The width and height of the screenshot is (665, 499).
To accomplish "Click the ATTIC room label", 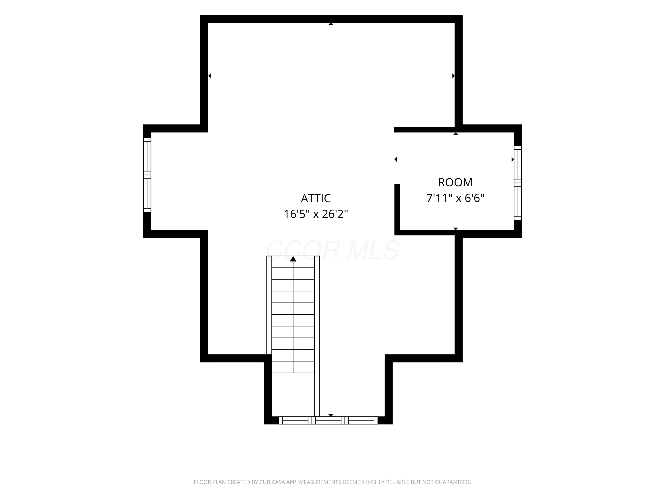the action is pos(316,198).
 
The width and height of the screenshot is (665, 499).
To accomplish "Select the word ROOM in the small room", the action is pos(455,182).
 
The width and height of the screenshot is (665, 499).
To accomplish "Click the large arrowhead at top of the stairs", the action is pos(293,259).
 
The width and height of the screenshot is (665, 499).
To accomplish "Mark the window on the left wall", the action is pos(147,175).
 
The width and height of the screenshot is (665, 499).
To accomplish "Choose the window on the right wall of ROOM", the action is pos(518,183).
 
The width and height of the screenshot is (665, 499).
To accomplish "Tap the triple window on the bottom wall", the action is pos(328,420).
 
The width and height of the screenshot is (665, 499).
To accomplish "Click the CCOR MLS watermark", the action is pos(332,250).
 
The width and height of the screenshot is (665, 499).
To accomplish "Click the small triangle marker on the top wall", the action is pos(331,24).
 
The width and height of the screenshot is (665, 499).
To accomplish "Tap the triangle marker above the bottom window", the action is pos(331,415).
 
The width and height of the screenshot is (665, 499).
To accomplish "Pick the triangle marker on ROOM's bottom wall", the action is pos(456,229).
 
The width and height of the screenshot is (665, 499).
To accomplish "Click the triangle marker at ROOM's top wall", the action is pos(456,134).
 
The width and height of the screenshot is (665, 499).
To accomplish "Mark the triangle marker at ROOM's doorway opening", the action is pos(396,159).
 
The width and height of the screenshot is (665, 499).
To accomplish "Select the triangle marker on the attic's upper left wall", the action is pos(209,76).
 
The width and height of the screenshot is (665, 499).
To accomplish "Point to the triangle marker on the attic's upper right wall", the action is pos(453,76).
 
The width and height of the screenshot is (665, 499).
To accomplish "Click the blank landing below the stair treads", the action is pos(293,395).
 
